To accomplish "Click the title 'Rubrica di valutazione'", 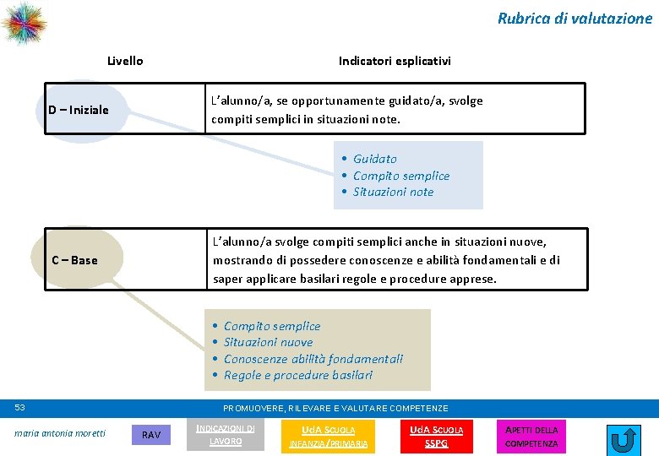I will [575, 18].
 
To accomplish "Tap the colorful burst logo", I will [24, 23].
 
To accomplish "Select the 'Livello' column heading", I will [125, 61].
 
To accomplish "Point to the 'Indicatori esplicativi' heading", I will [395, 61].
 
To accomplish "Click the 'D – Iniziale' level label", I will [79, 110].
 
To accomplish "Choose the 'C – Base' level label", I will [74, 260].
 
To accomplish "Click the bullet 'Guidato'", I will [374, 159].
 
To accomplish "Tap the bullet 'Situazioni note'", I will [393, 192].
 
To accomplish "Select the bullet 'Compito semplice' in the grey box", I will [271, 326].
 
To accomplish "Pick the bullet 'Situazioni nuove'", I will [268, 342].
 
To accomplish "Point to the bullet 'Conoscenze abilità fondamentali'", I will [313, 359].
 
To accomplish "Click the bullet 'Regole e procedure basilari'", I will [297, 375].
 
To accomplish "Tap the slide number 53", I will [20, 408].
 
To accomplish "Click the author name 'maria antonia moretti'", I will [61, 434].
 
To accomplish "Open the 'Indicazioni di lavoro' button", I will [225, 435].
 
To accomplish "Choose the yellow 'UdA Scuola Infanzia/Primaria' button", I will [329, 437].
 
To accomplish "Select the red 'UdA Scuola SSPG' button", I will [436, 437].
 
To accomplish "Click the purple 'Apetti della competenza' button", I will [531, 437].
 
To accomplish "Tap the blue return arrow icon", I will [624, 440].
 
